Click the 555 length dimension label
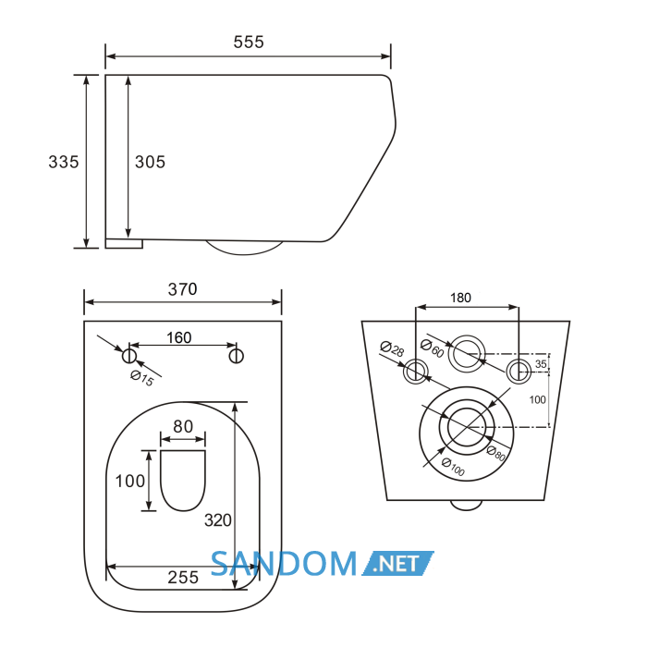249,43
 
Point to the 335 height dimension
64,162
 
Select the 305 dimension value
150,162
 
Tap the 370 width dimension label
182,289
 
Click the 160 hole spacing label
178,337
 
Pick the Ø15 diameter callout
142,378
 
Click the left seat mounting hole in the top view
129,355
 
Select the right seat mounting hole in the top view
236,356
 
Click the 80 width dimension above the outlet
183,426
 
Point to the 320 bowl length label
218,520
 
